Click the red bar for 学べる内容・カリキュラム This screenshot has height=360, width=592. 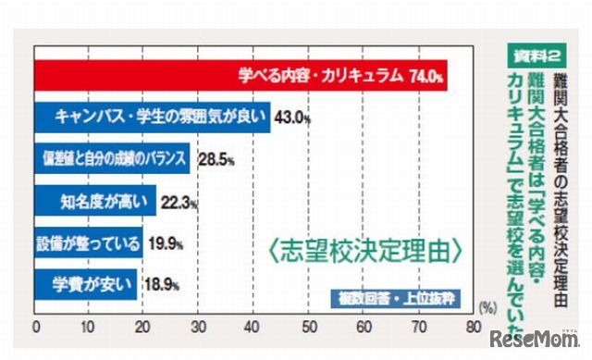240,76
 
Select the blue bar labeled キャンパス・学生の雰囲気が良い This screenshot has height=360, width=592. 152,118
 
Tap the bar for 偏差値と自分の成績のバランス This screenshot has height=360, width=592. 111,158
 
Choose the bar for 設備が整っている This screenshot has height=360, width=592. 88,242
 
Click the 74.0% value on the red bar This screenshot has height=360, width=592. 427,76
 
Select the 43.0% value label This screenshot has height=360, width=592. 292,118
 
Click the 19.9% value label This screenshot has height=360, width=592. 167,242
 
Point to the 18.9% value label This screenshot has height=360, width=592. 162,282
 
